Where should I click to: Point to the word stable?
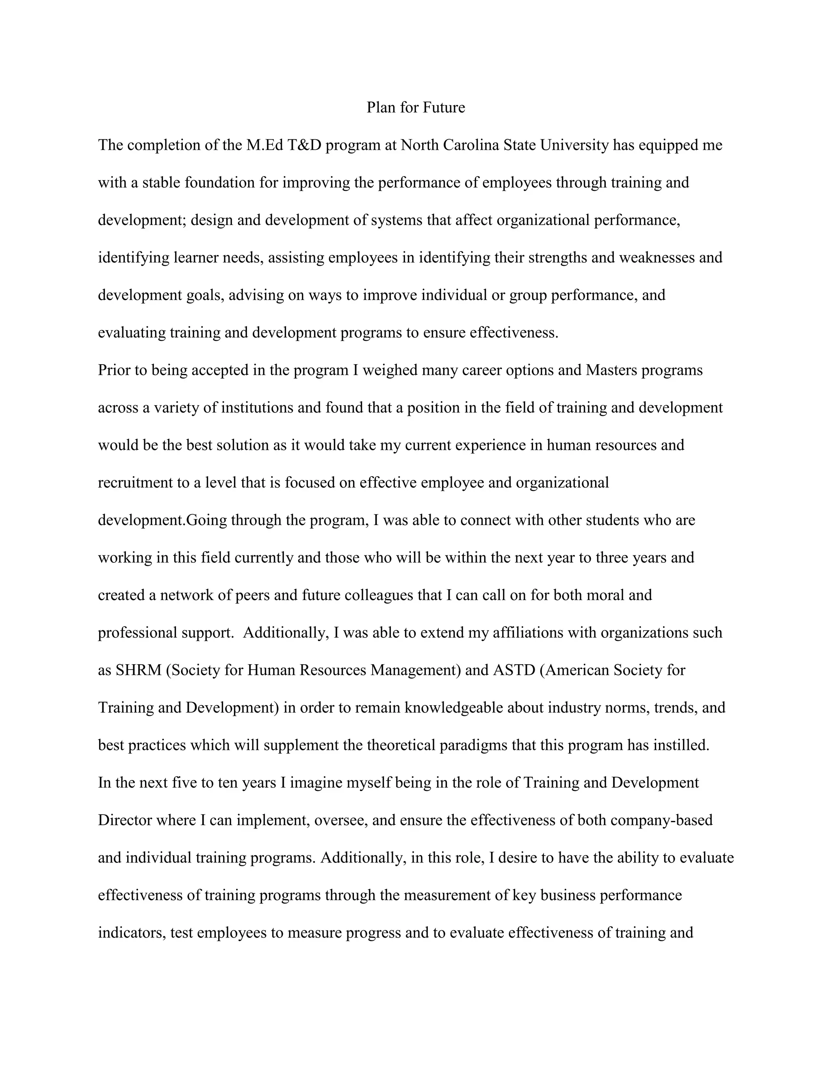pos(161,183)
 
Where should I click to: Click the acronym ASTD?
pos(513,670)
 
